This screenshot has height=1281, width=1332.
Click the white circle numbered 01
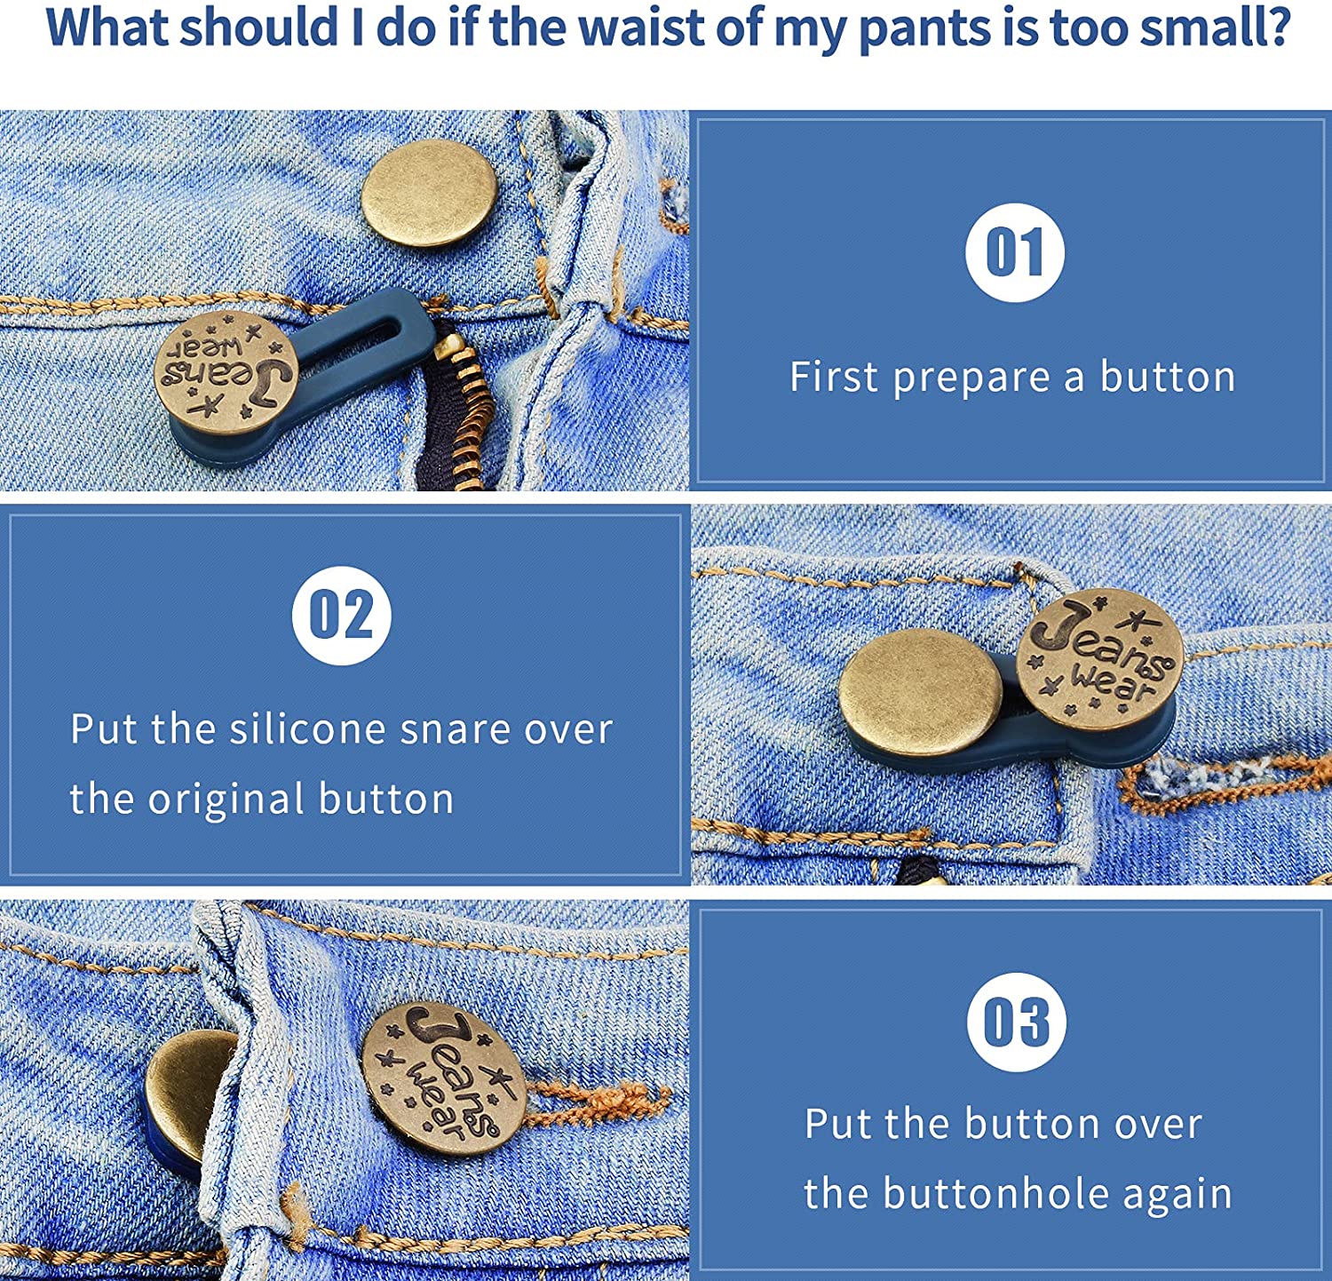tap(1014, 253)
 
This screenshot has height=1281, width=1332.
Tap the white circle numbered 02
tap(341, 615)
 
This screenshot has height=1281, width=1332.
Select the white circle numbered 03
tap(1016, 1022)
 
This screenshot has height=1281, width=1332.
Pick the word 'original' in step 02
tap(226, 799)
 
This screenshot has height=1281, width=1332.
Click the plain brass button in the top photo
tap(430, 193)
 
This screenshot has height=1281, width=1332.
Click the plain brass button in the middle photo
tap(920, 693)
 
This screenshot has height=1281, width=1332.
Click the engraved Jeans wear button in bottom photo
tap(444, 1078)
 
